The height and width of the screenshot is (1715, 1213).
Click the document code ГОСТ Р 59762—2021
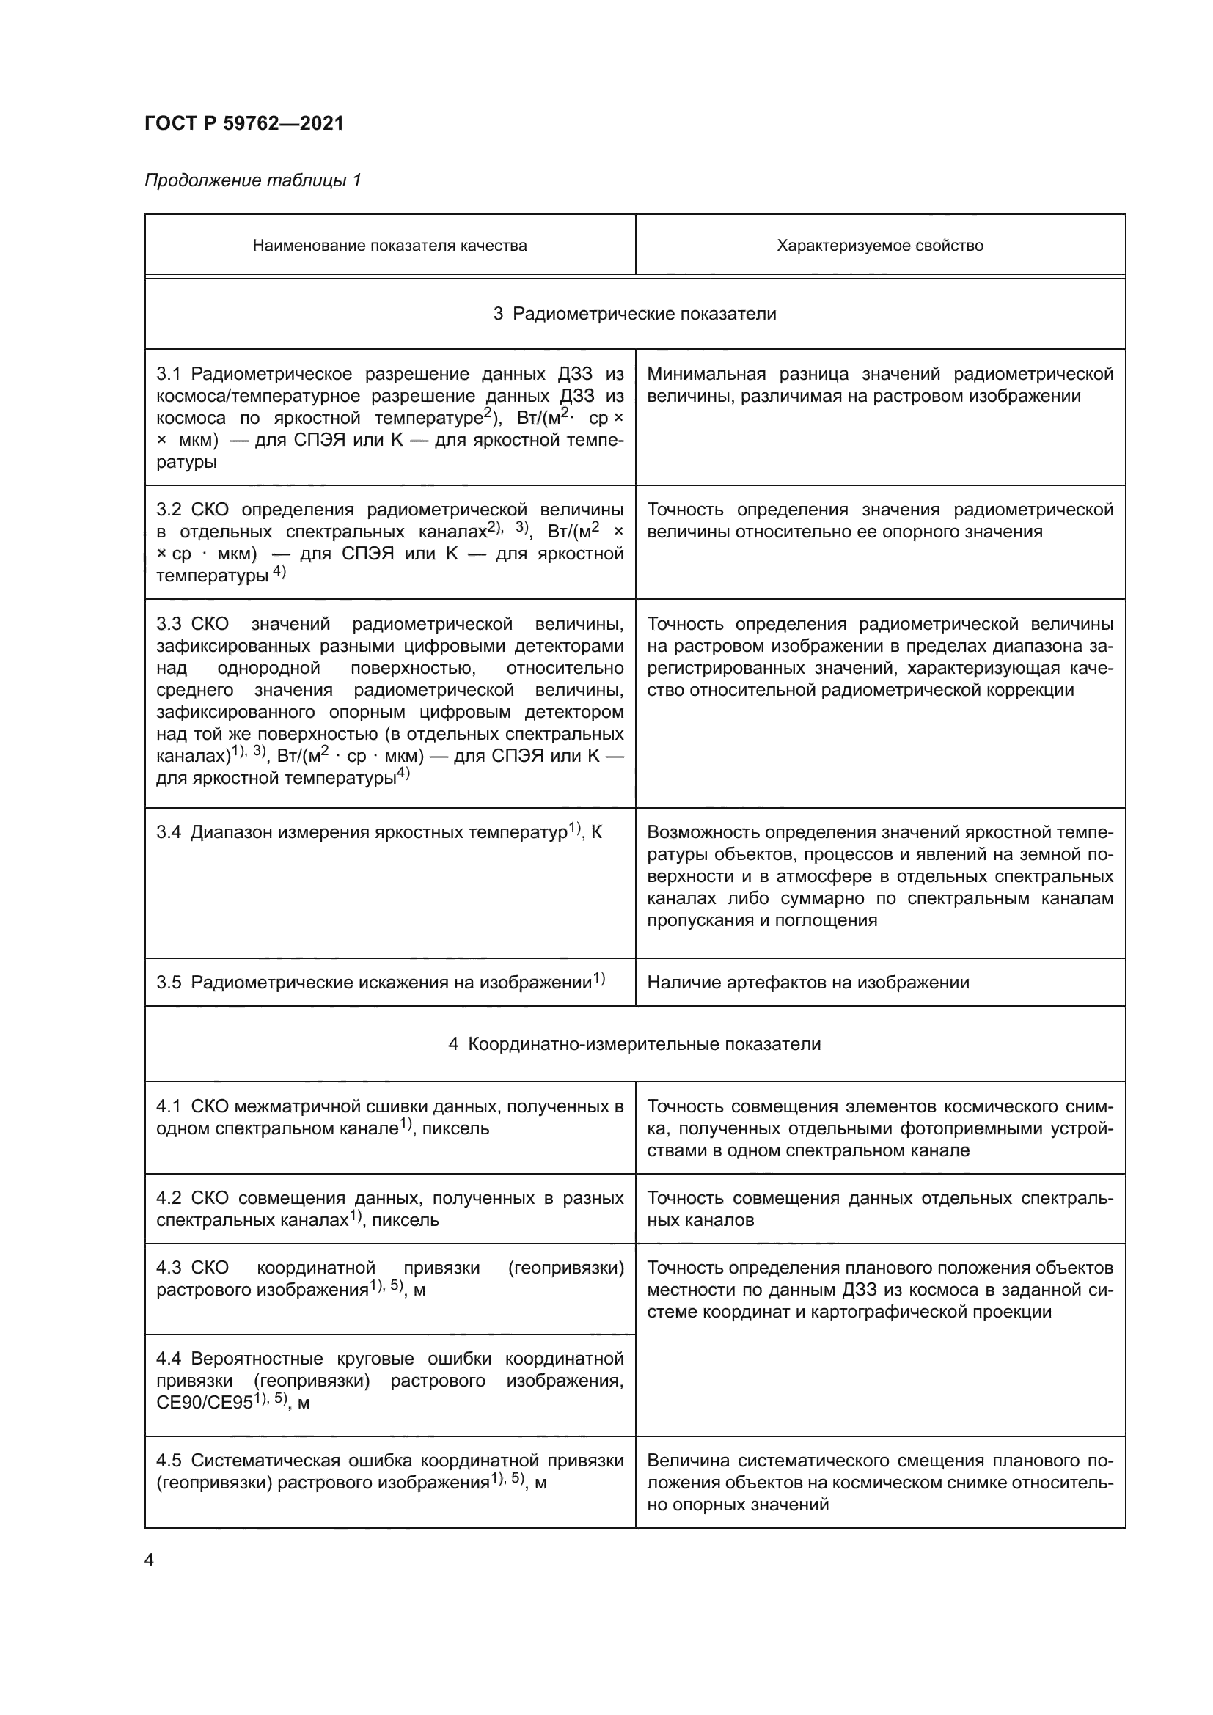(x=244, y=124)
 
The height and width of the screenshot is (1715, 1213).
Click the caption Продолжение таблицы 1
(x=252, y=180)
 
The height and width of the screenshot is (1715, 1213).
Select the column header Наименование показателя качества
(x=389, y=246)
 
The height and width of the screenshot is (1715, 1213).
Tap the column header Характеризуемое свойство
(x=880, y=246)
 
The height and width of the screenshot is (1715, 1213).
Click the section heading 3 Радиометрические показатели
(x=634, y=314)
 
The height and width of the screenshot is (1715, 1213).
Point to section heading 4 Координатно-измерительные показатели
(x=634, y=1044)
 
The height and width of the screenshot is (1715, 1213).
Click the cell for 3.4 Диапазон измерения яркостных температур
(x=378, y=832)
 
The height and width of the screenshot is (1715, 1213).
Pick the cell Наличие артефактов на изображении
(x=807, y=983)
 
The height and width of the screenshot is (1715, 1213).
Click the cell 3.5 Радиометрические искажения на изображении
(x=380, y=983)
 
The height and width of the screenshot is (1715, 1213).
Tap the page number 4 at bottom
(x=149, y=1560)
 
